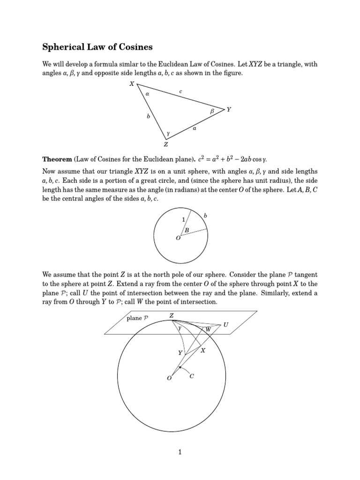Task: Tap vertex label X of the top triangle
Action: pos(132,84)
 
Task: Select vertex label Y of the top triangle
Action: pos(229,109)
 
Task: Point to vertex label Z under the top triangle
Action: pos(165,144)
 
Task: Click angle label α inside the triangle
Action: pos(147,94)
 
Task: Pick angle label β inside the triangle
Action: pos(212,112)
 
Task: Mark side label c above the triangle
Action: pos(180,92)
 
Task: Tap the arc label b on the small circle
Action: pos(205,216)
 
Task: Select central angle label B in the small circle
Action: pos(186,230)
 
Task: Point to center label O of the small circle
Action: pos(178,239)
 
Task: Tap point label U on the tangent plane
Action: pos(226,324)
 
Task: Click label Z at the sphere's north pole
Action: pos(172,316)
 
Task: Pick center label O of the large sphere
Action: pos(169,378)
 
